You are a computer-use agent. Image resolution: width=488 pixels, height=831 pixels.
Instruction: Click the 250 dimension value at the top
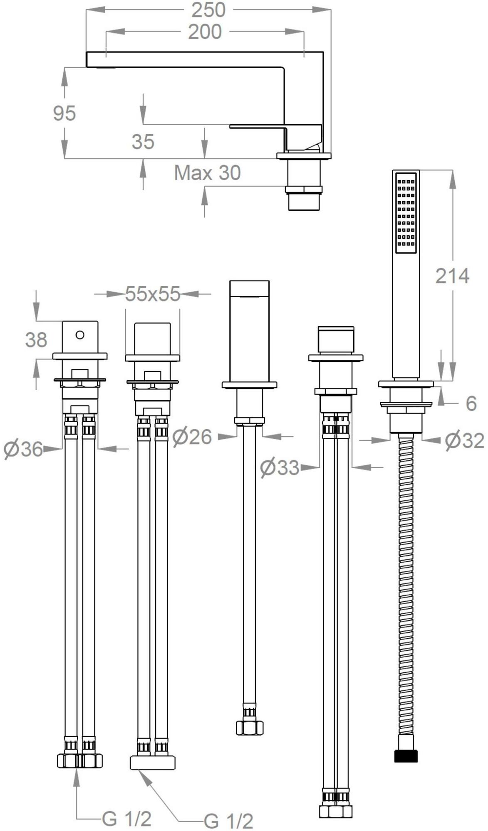pos(208,10)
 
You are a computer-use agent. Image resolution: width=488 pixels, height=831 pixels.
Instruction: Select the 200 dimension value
pos(205,32)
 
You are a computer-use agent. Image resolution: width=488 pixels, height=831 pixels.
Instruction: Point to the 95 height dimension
pos(64,113)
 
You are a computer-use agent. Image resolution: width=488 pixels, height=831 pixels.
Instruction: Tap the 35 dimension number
pos(143,142)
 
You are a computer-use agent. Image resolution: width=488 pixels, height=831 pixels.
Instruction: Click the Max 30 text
pos(207,173)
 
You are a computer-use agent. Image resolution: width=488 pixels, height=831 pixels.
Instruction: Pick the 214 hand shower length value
pos(452,276)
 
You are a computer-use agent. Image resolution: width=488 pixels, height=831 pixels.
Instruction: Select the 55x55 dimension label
pos(153,294)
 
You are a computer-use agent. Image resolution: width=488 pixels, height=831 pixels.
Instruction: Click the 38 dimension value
pos(36,340)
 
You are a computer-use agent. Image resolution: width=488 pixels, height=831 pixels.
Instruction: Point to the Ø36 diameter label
pos(24,449)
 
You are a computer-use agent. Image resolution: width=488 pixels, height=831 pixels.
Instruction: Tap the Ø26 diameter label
pos(192,437)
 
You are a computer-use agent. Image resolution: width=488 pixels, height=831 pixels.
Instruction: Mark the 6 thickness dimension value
pos(471,403)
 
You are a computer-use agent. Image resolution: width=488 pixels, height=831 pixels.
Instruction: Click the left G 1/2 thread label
pos(126,808)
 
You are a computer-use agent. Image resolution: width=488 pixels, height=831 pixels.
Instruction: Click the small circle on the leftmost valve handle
pos(80,334)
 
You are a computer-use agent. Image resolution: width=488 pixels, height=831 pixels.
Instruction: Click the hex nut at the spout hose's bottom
pos(250,728)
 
